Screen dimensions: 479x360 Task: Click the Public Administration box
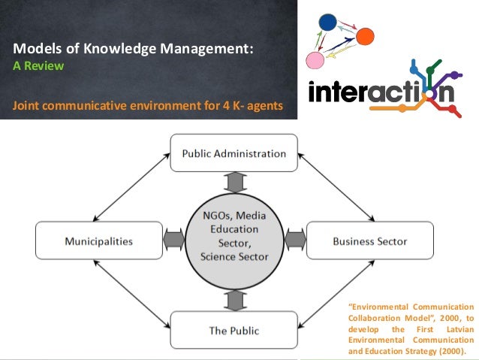pos(233,153)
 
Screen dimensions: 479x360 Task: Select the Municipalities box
pos(98,241)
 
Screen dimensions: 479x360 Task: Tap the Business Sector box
pos(369,241)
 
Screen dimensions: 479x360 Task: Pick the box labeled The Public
pos(233,329)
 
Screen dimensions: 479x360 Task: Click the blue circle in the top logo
pos(328,23)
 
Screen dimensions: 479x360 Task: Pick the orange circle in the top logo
pos(365,35)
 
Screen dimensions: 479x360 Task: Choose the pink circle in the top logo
pos(315,59)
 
